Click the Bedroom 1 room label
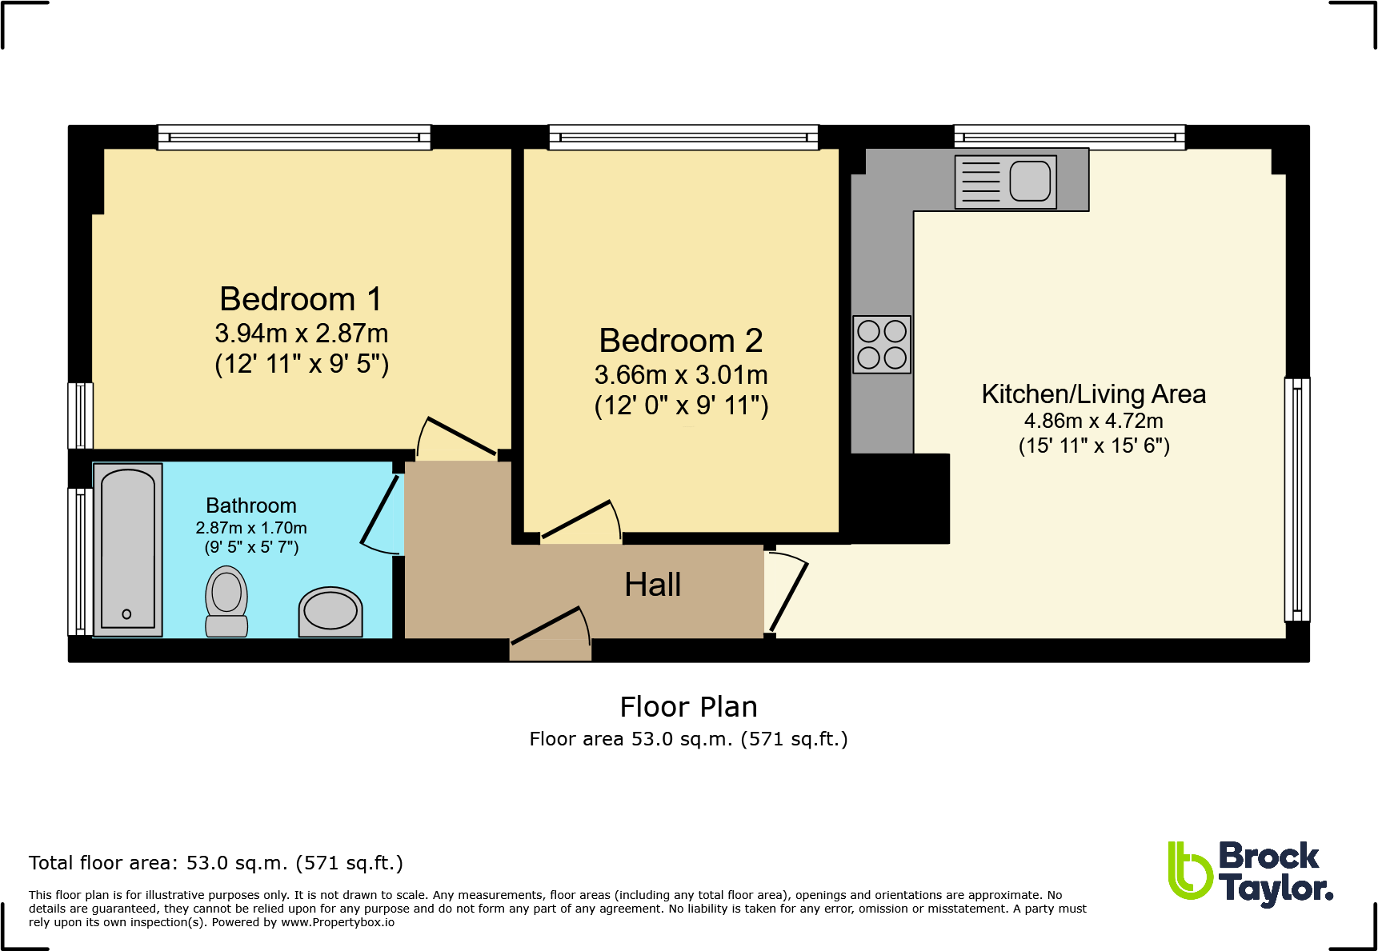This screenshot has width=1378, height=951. coord(301,299)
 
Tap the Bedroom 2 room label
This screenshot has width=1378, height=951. coord(681,341)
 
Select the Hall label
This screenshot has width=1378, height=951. coord(653,585)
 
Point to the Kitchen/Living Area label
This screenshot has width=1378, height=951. coord(1094,394)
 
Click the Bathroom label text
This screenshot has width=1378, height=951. coord(251,505)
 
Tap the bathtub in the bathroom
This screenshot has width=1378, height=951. coord(128,549)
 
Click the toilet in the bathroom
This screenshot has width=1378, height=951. coord(226,601)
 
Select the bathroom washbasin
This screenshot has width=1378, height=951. coord(330,612)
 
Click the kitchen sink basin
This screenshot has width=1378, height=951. coord(1030,181)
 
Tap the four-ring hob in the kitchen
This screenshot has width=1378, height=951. coord(882,344)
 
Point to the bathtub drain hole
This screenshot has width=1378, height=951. coord(126,614)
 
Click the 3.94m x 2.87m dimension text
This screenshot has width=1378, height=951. coord(302,334)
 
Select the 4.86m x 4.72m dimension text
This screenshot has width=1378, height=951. coord(1094,421)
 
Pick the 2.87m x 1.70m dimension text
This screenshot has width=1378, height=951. coord(251,528)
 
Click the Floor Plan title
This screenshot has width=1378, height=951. coord(689,707)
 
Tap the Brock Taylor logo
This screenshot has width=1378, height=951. coord(1251,873)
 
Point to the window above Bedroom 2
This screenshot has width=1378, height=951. coord(683,138)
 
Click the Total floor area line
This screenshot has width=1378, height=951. coord(216,863)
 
